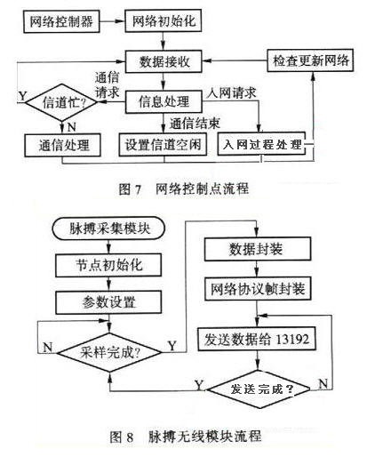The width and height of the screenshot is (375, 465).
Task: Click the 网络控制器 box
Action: pos(61,21)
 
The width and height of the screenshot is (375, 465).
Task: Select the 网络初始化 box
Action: pos(164,20)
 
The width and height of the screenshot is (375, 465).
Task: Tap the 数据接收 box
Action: pos(164,61)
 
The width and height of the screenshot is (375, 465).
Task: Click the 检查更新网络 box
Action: pos(310,60)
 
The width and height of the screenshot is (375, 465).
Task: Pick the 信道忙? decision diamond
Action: pos(61,102)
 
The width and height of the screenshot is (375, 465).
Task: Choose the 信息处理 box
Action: pos(164,101)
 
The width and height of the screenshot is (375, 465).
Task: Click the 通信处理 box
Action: pos(62,145)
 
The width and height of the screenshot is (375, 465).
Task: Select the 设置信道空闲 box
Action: pos(163,144)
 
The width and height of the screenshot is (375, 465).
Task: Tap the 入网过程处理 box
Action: pos(261,144)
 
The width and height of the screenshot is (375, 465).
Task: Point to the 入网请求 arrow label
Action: pos(232,92)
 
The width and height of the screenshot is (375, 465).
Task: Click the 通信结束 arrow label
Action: pos(195,124)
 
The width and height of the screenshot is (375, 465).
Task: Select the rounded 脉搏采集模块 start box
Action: pos(108,228)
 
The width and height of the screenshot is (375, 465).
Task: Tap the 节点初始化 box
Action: pos(108,265)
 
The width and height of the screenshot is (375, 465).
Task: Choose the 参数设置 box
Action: pos(108,302)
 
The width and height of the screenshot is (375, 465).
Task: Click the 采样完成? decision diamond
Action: pos(109,352)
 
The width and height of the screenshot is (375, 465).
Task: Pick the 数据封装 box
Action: pos(258,249)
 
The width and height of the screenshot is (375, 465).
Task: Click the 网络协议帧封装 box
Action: pos(258,289)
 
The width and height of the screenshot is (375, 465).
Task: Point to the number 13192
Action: pos(292,339)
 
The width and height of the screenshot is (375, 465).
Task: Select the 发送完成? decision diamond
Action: pos(259,389)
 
